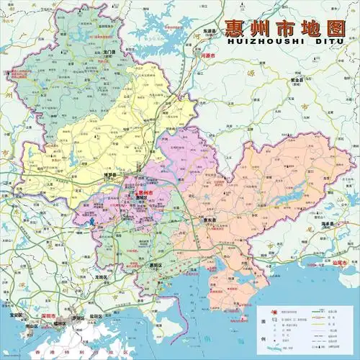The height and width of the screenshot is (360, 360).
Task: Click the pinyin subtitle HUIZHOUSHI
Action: pyautogui.click(x=253, y=43)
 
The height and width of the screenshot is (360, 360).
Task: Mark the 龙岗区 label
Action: pyautogui.click(x=101, y=276)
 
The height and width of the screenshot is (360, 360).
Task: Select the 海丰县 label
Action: pyautogui.click(x=329, y=224)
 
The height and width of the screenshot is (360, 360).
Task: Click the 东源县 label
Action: pyautogui.click(x=210, y=32)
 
